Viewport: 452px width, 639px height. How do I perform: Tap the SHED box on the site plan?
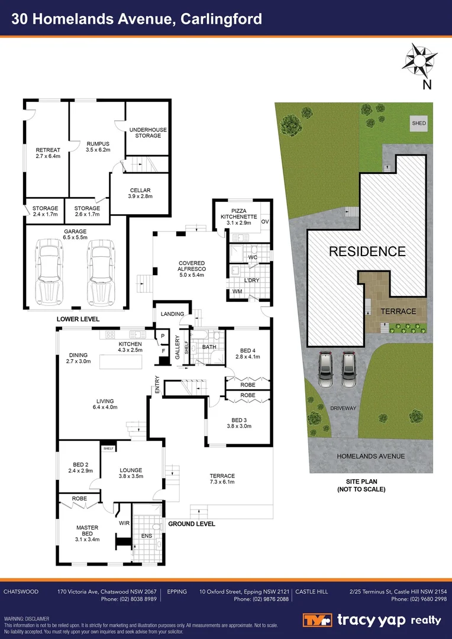pyautogui.click(x=419, y=123)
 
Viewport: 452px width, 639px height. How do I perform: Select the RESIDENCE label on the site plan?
pyautogui.click(x=367, y=251)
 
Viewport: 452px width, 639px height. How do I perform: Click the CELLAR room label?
pyautogui.click(x=140, y=193)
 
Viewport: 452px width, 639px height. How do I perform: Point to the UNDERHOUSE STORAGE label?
pyautogui.click(x=148, y=133)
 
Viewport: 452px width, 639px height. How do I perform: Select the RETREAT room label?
pyautogui.click(x=48, y=153)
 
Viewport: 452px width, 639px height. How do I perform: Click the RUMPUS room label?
pyautogui.click(x=98, y=147)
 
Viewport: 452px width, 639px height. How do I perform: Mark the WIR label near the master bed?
pyautogui.click(x=124, y=523)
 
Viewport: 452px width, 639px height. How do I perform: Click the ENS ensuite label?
pyautogui.click(x=146, y=536)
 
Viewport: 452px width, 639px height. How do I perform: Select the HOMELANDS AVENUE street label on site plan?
pyautogui.click(x=370, y=456)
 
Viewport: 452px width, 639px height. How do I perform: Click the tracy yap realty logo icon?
pyautogui.click(x=318, y=620)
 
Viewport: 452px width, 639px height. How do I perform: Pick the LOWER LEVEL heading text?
pyautogui.click(x=78, y=319)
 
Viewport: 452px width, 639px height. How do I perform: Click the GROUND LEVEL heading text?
pyautogui.click(x=191, y=524)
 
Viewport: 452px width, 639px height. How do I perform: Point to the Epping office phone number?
pyautogui.click(x=261, y=599)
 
